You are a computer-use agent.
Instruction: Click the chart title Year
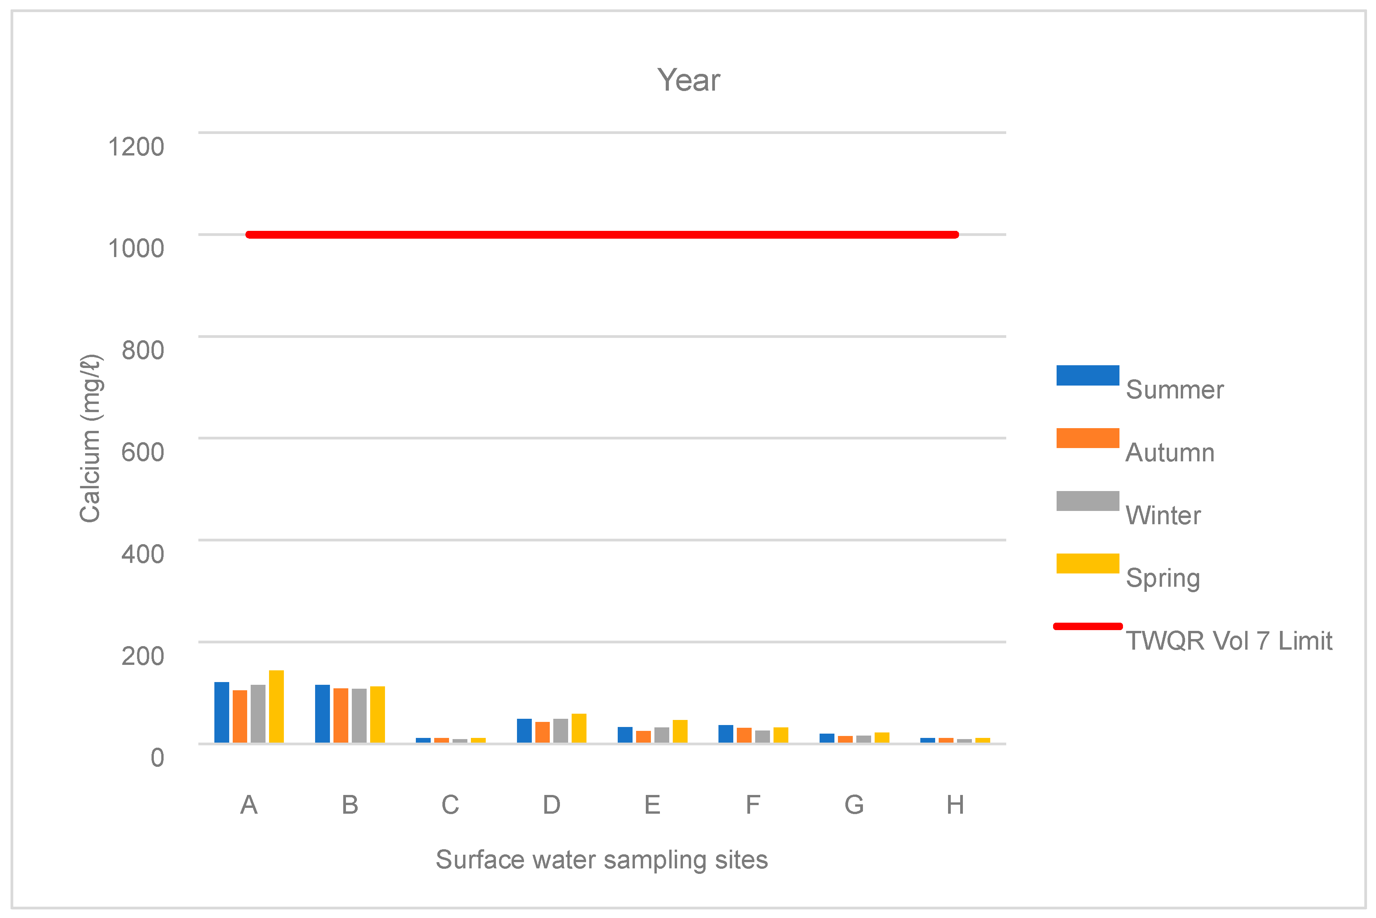[688, 80]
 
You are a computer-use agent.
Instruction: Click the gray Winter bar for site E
[662, 735]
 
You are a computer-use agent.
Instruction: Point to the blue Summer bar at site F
[725, 734]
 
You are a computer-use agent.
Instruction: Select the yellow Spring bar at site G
[882, 738]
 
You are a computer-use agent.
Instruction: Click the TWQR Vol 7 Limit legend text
[1228, 641]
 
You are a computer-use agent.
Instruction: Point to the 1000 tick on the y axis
[136, 248]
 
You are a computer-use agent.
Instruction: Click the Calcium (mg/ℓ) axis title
[91, 438]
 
